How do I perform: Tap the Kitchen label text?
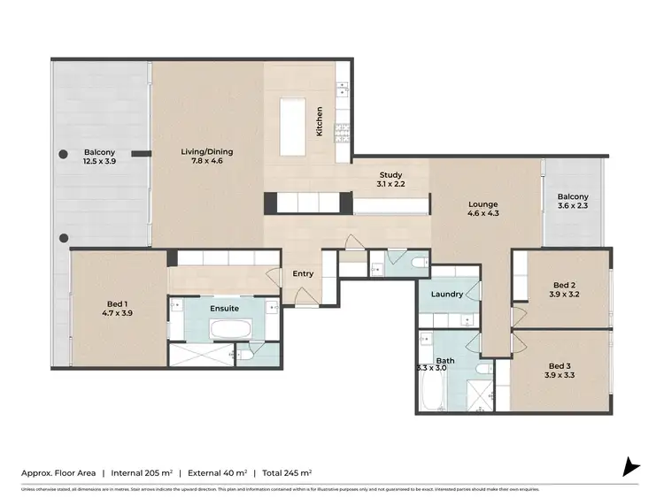pos(320,121)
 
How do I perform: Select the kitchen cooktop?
pos(341,133)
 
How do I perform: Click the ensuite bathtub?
pos(229,329)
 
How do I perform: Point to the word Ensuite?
pos(223,309)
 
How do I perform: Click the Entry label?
pos(303,273)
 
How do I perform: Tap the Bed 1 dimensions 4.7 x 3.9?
pos(117,313)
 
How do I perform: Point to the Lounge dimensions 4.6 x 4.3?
pos(483,214)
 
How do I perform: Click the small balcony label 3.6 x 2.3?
pos(573,205)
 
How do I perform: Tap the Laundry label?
pos(447,294)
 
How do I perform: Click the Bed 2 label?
pos(564,285)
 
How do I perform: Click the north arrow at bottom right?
pos(630,466)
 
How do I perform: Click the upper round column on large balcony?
pos(64,155)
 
